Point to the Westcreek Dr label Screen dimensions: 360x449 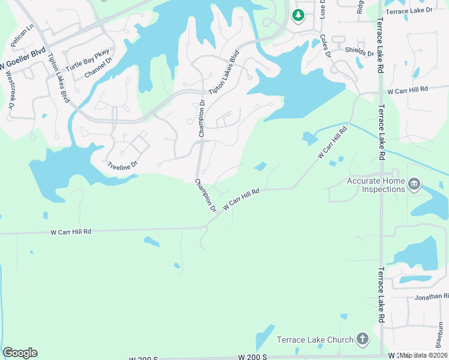pos(10,92)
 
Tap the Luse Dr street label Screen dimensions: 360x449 pos(322,8)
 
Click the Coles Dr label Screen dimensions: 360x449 pos(326,46)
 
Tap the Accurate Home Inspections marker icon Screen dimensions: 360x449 pos(414,184)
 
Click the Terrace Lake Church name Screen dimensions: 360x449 pos(315,340)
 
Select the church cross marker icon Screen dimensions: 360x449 pos(362,340)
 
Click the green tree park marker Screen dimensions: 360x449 pos(298,16)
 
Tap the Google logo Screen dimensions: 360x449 pos(20,353)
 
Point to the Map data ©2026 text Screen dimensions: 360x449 pos(424,355)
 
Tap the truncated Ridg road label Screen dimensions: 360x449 pos(360,7)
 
